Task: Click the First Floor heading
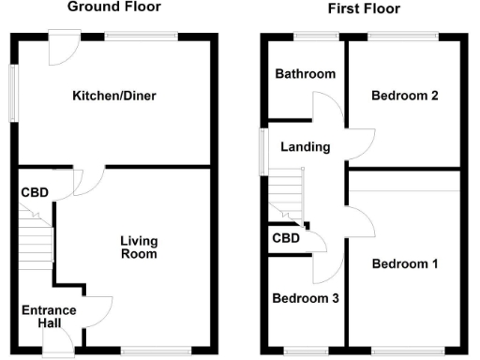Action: [x=364, y=8]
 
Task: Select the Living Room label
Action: [x=138, y=247]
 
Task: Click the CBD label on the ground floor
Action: [x=35, y=193]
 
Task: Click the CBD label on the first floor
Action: [x=286, y=238]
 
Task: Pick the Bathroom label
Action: [x=305, y=74]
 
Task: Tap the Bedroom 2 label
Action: [x=404, y=96]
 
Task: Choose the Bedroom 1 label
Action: [x=405, y=263]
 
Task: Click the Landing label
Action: [x=306, y=147]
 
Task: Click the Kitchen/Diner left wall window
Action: [x=12, y=92]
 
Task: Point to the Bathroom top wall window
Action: [x=316, y=37]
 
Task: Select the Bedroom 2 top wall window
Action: [x=401, y=37]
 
